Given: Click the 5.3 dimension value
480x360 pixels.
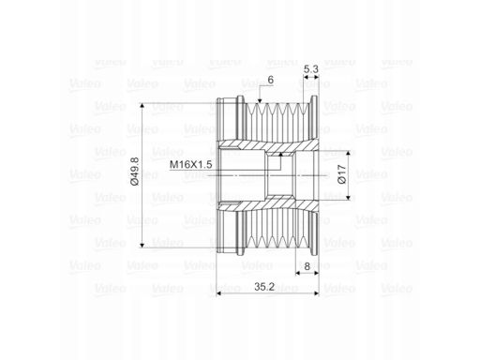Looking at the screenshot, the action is coord(311,69).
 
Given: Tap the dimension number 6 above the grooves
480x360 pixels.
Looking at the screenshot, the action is coord(271,80).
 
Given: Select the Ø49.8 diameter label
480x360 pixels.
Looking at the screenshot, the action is coord(135,172).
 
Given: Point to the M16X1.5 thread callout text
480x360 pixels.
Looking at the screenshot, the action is coord(190,164).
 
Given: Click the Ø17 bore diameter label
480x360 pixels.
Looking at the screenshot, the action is coord(342,174).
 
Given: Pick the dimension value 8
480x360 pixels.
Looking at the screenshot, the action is coord(307,266).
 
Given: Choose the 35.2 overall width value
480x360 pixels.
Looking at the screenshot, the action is coord(264,287).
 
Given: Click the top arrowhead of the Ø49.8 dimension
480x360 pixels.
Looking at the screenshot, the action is coord(142,106).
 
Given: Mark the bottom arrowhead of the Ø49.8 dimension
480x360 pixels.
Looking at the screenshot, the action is coord(142,245).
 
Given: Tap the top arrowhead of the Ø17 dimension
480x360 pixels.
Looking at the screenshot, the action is coord(348,153).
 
